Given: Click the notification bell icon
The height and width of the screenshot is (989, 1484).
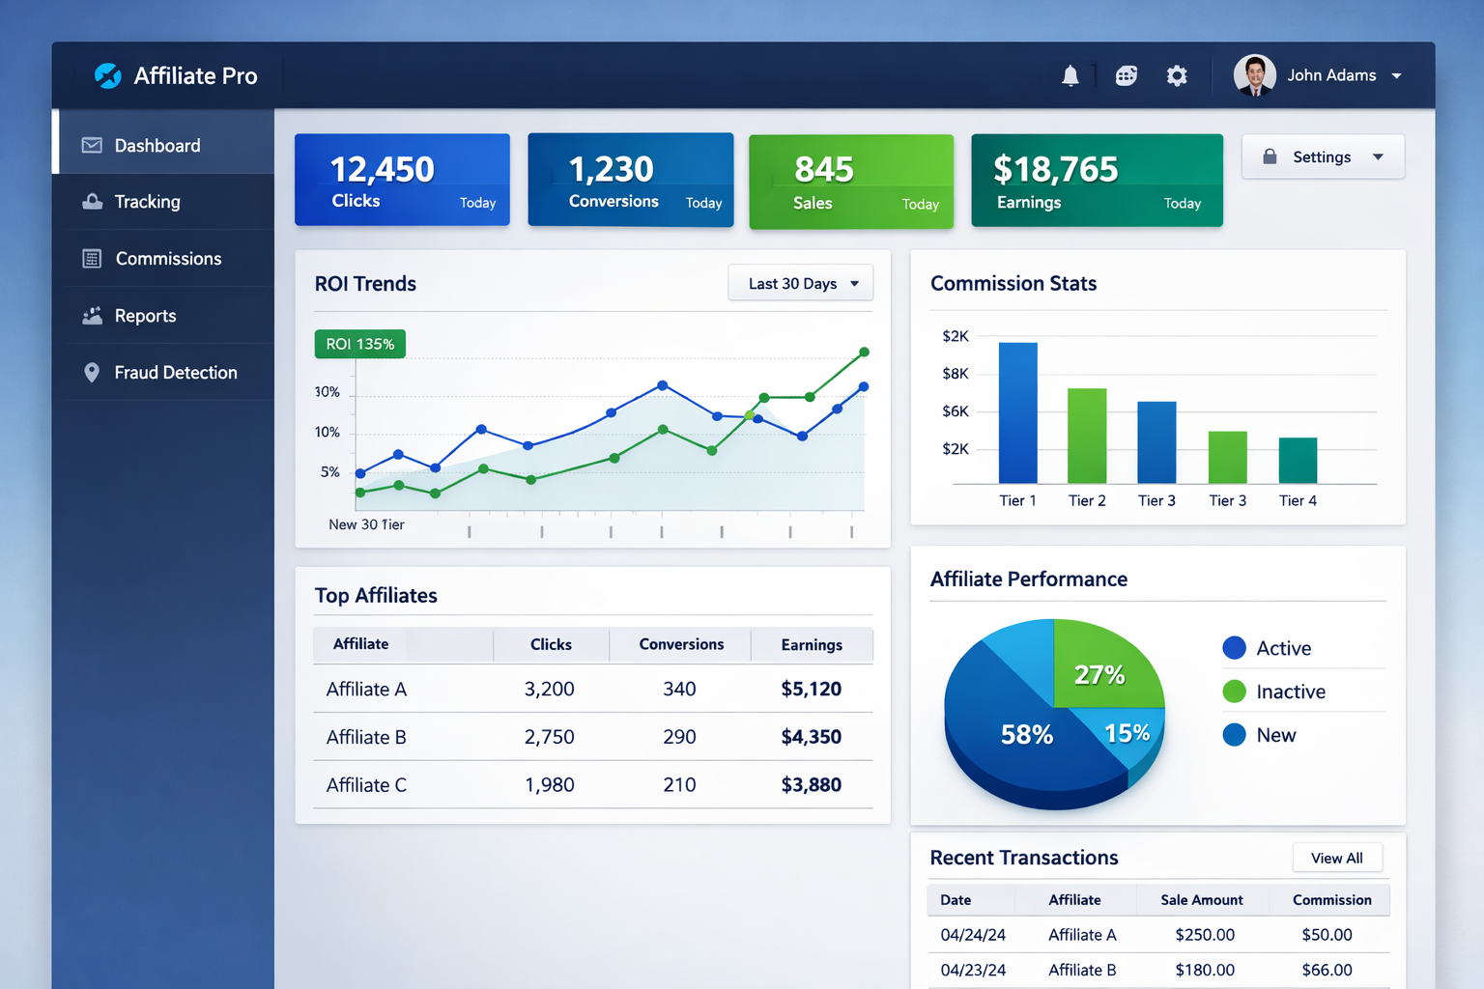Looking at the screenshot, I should (x=1070, y=75).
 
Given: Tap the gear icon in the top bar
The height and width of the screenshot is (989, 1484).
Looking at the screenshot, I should (x=1176, y=75).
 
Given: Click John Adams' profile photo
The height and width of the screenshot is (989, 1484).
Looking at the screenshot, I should (x=1254, y=75).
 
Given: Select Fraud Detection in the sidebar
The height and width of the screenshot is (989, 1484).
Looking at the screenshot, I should (x=175, y=373).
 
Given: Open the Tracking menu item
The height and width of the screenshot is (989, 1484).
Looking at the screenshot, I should (x=147, y=202).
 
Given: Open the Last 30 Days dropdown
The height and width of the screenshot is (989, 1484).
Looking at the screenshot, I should (x=801, y=283).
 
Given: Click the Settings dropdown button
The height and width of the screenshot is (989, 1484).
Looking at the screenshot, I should (x=1322, y=157).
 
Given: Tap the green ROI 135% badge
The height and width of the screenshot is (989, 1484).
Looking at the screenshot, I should (x=359, y=344).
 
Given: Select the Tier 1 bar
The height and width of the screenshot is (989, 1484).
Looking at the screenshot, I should (x=1017, y=412).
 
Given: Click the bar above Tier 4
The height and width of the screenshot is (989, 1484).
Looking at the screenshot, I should (x=1298, y=460).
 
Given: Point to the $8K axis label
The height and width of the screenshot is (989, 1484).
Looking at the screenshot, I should (x=955, y=374).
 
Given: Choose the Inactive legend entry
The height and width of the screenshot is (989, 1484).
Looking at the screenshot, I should (x=1289, y=692).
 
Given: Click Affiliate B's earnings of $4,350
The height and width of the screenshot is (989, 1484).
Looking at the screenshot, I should (x=811, y=737).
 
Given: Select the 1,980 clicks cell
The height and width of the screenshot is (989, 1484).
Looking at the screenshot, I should (x=549, y=785).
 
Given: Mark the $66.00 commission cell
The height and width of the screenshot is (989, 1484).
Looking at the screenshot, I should (x=1327, y=970).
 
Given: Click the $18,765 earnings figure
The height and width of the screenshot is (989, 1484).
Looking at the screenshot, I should (x=1055, y=170).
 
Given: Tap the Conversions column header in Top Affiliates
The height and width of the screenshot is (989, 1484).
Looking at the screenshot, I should (x=681, y=644).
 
